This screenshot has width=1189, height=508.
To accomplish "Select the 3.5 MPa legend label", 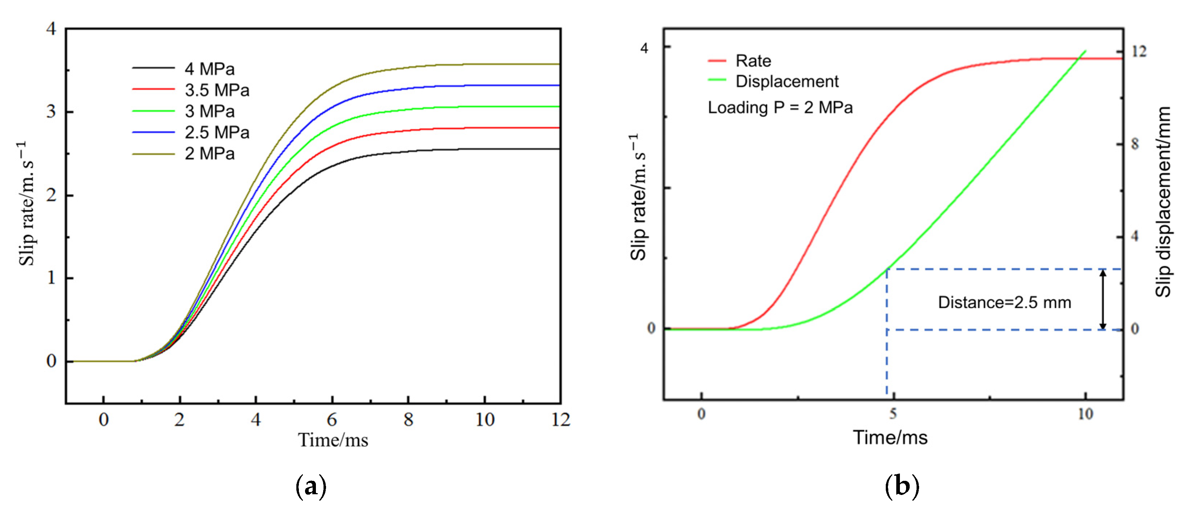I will (x=217, y=91).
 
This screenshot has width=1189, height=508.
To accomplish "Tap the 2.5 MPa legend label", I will (x=217, y=133).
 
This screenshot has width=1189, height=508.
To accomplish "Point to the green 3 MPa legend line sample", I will (x=153, y=111).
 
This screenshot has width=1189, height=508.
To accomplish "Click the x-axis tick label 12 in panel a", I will (x=561, y=419).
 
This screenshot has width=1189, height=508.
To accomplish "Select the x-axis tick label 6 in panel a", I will (x=332, y=419).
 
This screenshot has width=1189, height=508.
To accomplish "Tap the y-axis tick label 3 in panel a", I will (x=51, y=112).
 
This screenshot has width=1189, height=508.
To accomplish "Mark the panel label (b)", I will (x=901, y=486).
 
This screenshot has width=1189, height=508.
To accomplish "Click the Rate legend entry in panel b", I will (x=752, y=61).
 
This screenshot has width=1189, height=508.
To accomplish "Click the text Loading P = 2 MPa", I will (x=780, y=108).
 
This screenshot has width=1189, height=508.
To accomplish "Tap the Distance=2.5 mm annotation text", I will (x=1004, y=303).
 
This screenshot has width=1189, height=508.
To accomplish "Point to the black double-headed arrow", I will (x=1103, y=299).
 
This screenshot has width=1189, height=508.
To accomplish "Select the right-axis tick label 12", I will (x=1139, y=51).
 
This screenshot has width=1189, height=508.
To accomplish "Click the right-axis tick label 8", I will (x=1135, y=144).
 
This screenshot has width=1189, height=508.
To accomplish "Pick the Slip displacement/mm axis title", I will (x=1163, y=202).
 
